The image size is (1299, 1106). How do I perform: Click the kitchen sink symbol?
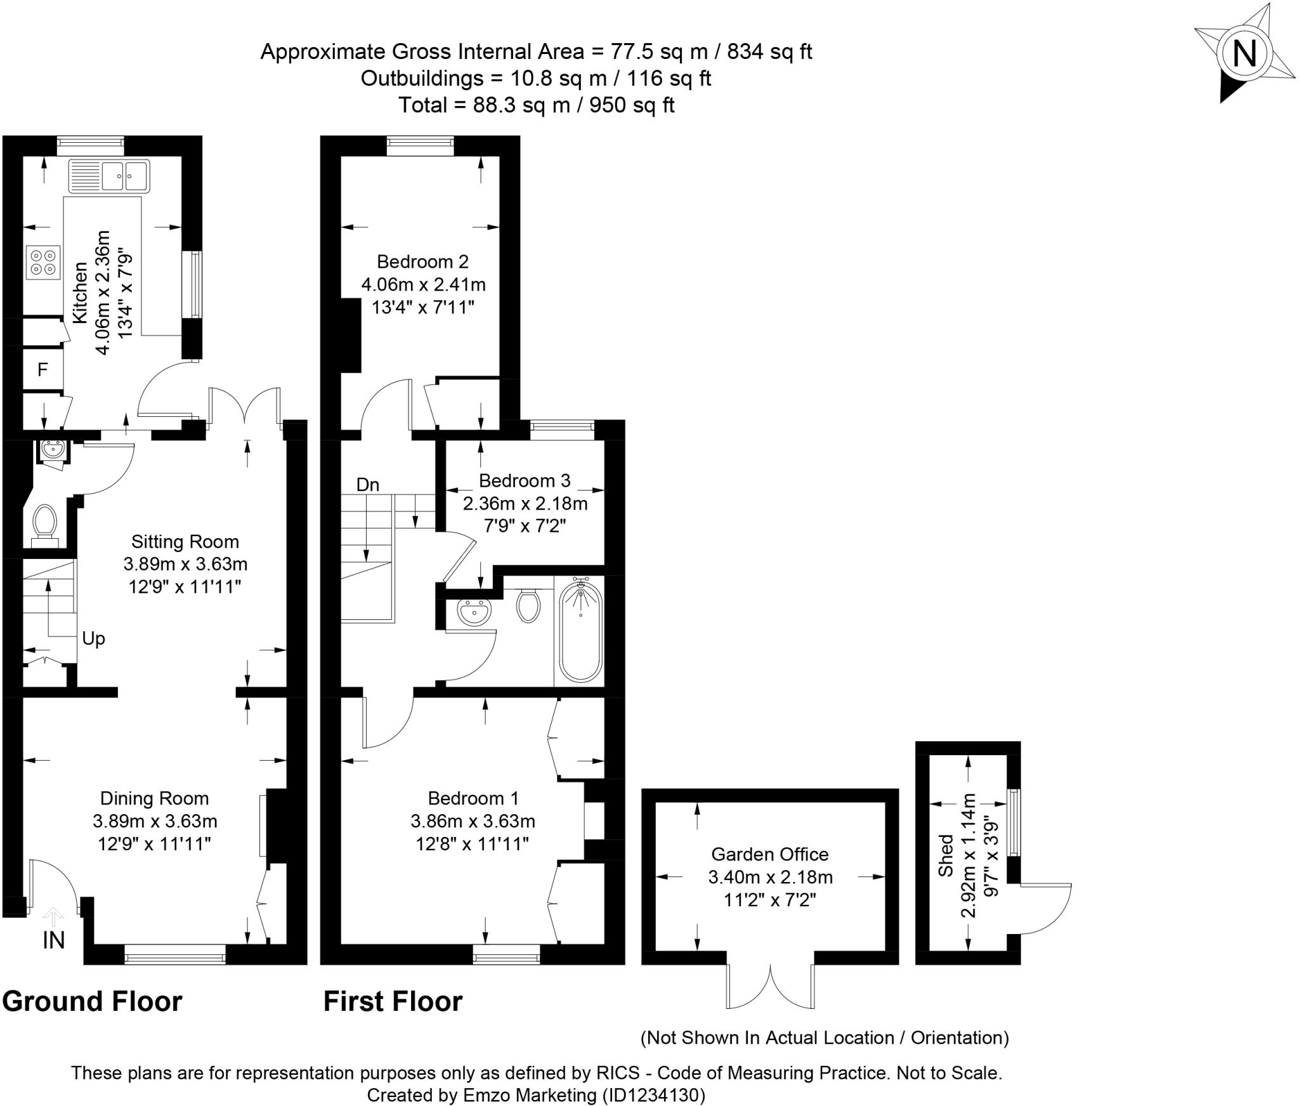(x=109, y=176)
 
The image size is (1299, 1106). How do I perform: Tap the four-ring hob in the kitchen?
(x=43, y=262)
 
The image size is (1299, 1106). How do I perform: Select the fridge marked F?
(x=43, y=369)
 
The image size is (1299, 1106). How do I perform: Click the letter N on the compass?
(x=1244, y=53)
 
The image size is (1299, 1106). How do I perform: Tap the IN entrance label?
(x=54, y=940)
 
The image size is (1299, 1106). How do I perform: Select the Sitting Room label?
(x=185, y=541)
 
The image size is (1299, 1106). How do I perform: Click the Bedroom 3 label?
(x=525, y=480)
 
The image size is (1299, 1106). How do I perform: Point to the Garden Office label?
(x=770, y=854)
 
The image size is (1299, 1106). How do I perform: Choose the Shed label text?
(x=946, y=855)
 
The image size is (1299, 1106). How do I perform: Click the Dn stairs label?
(x=368, y=485)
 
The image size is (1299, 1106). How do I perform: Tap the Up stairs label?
(x=94, y=639)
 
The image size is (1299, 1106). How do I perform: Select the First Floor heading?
(x=393, y=1002)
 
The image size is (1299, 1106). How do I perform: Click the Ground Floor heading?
(x=93, y=1002)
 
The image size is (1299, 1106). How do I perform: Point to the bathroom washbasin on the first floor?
(x=473, y=612)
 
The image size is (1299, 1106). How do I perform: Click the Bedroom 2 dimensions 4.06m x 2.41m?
(x=424, y=284)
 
